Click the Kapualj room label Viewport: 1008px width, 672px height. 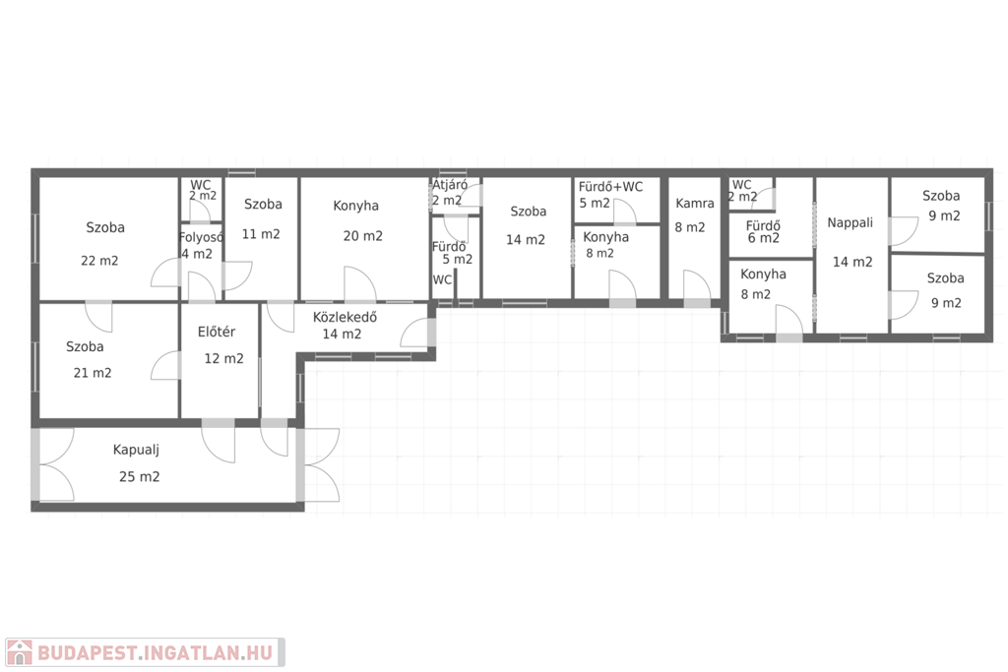click(136, 451)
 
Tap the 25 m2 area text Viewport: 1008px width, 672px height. click(139, 476)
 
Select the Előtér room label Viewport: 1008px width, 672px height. click(216, 332)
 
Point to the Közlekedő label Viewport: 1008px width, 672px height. click(345, 317)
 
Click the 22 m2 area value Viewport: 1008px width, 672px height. click(99, 261)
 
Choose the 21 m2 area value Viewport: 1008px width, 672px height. click(93, 373)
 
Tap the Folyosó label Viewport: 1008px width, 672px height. click(201, 237)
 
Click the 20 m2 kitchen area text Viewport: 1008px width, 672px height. click(362, 236)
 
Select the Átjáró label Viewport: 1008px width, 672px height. click(449, 185)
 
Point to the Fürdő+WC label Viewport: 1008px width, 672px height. click(610, 187)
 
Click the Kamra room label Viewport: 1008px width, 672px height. click(694, 203)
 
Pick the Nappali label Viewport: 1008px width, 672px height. click(850, 223)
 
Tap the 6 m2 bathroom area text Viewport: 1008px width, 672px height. click(764, 238)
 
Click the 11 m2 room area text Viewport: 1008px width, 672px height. click(261, 234)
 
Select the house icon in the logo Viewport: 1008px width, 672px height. click(20, 652)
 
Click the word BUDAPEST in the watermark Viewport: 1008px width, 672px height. click(87, 653)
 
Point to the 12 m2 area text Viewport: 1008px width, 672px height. click(223, 358)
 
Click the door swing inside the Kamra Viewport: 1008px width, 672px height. click(697, 284)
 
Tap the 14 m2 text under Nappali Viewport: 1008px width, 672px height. click(852, 262)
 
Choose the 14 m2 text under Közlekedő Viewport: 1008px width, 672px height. click(342, 335)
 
